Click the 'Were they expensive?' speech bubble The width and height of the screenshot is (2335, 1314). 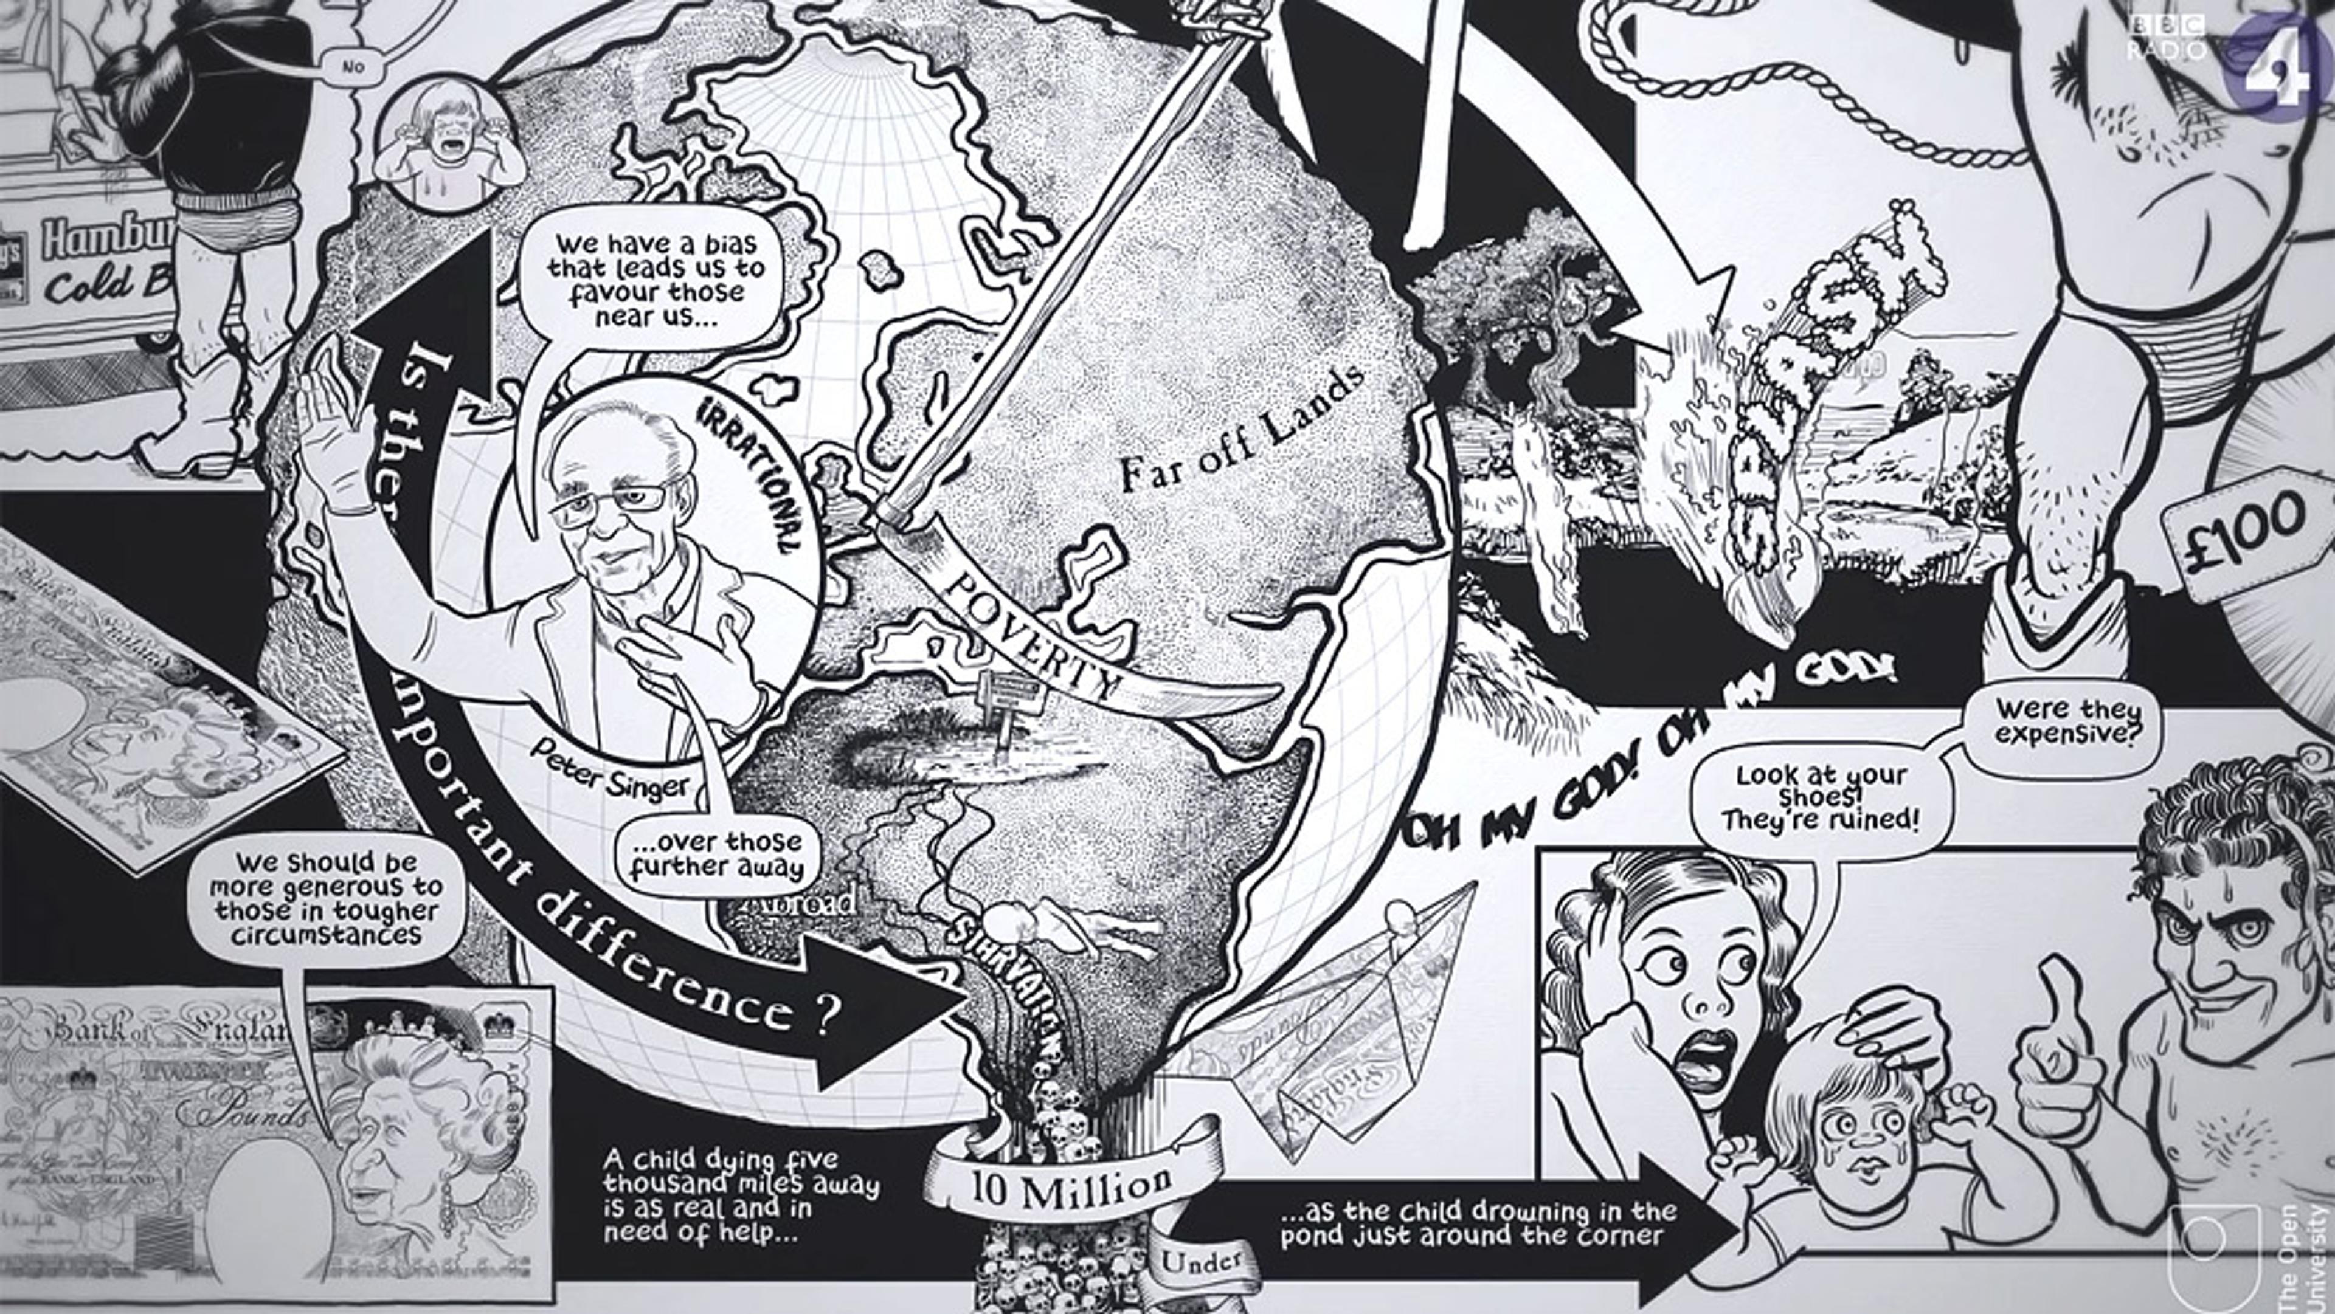pyautogui.click(x=2060, y=722)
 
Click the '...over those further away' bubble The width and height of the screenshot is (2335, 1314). pyautogui.click(x=716, y=854)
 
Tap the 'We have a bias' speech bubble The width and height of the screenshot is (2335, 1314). pyautogui.click(x=656, y=280)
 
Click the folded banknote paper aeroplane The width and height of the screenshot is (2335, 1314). pyautogui.click(x=1341, y=1024)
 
